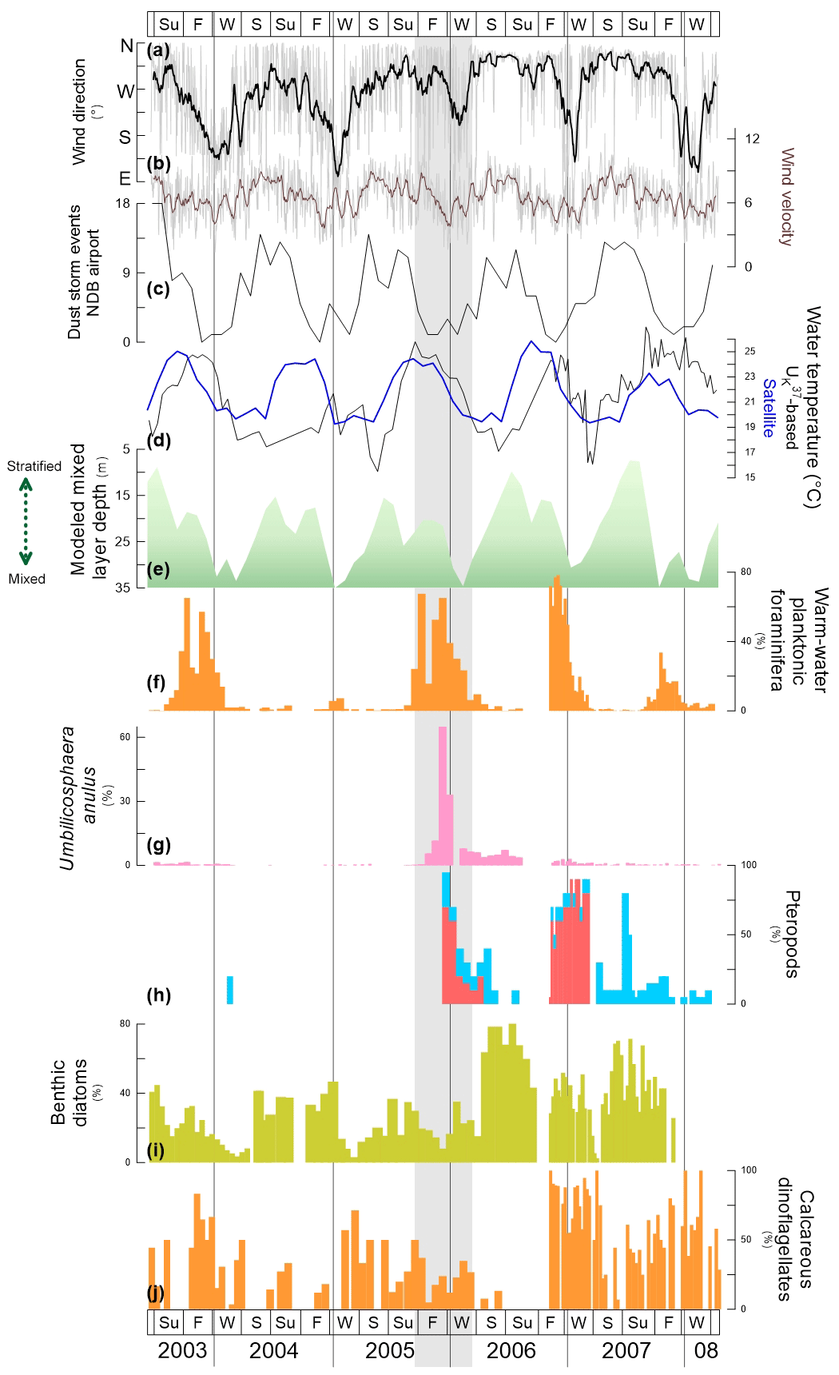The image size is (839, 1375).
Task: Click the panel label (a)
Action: click(158, 50)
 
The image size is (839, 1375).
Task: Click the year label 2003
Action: click(182, 1350)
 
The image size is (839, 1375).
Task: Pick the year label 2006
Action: click(511, 1350)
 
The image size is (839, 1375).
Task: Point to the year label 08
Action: click(706, 1350)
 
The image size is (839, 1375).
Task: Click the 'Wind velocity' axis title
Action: click(787, 197)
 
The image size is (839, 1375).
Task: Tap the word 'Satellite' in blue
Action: click(769, 408)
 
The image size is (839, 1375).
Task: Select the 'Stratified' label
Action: click(34, 466)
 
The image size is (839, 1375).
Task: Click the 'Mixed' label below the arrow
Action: click(27, 579)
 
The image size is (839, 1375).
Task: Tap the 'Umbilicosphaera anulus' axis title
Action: click(78, 798)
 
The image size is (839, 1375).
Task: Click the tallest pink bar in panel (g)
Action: click(443, 791)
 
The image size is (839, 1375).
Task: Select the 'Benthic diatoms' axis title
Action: click(69, 1092)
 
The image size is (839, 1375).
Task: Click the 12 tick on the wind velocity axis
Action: click(752, 139)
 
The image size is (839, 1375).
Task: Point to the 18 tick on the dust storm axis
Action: click(122, 204)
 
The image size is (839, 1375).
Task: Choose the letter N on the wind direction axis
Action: click(126, 46)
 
